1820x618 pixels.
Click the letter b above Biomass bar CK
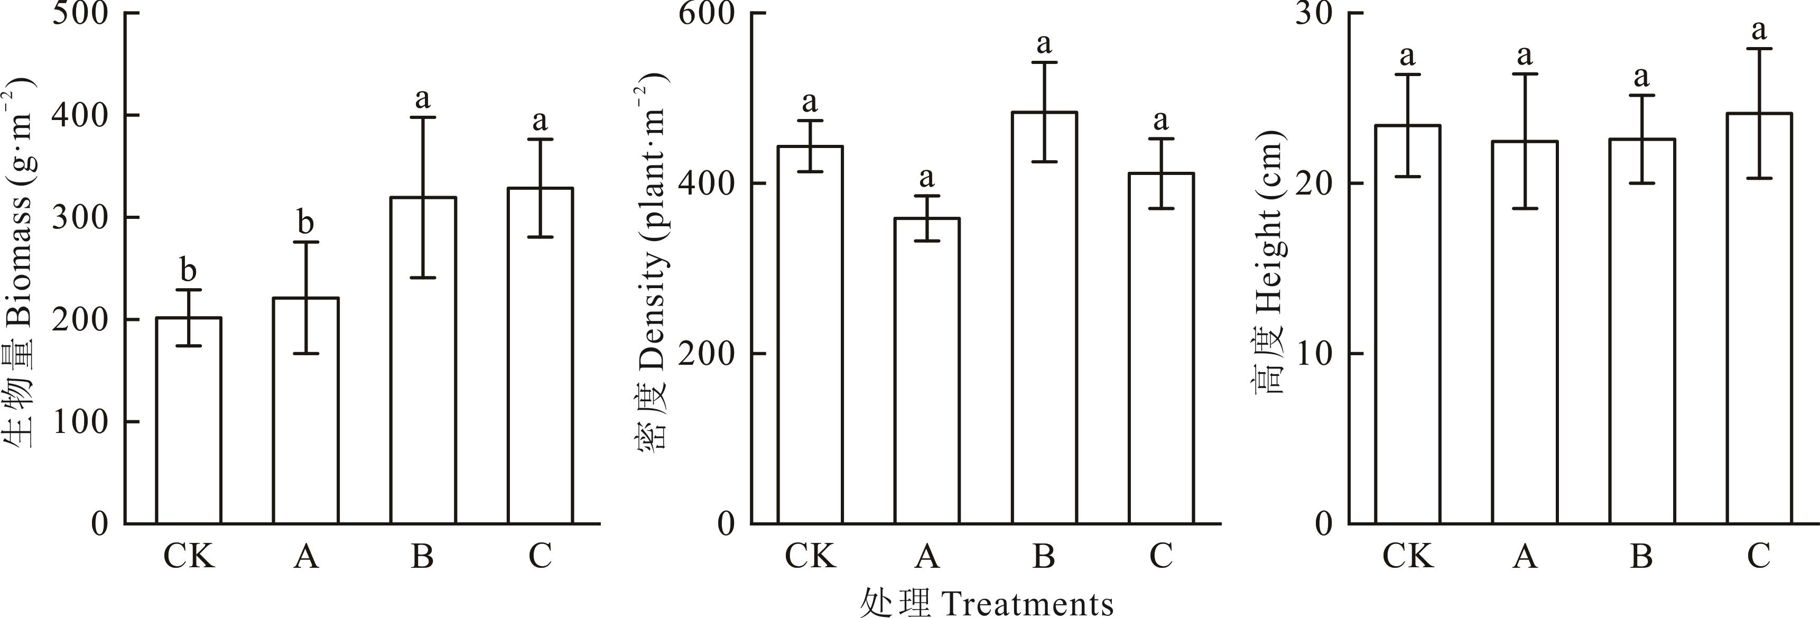(188, 270)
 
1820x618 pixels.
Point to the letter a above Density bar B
(1044, 44)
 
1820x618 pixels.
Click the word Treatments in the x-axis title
(1028, 604)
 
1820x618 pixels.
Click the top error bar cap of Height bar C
(1759, 49)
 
